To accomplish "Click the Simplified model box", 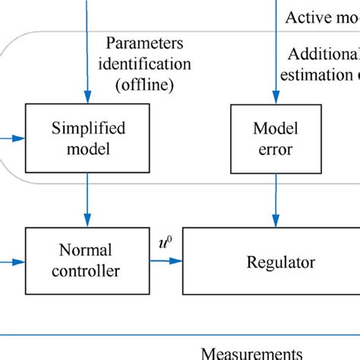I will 87,137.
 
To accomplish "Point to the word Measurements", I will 251,352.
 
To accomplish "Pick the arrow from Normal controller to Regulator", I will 166,261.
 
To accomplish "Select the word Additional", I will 323,55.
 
